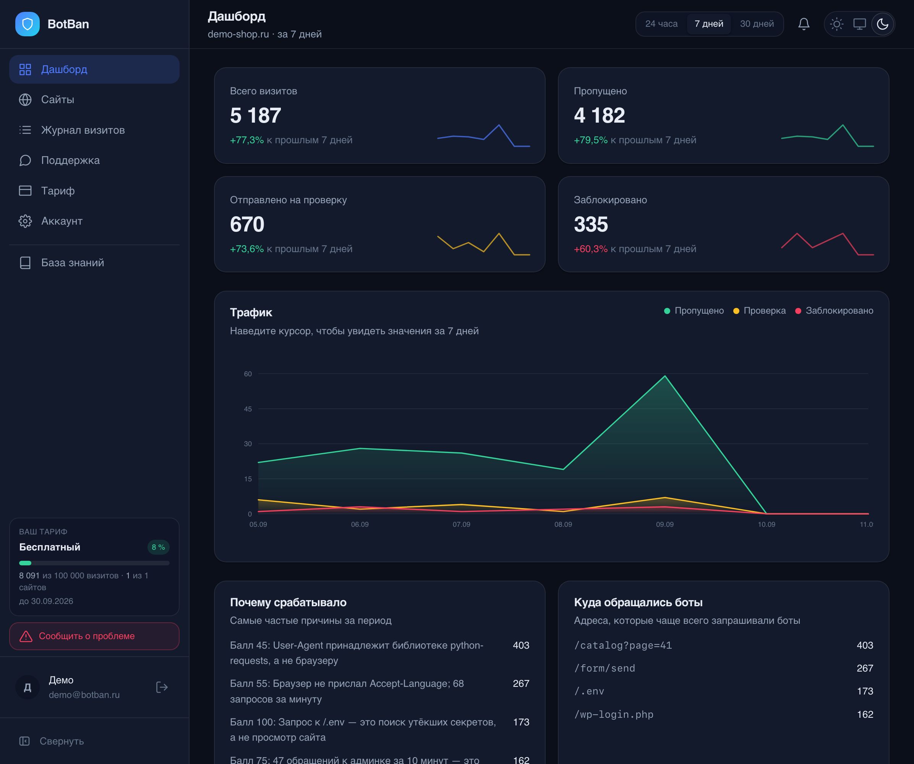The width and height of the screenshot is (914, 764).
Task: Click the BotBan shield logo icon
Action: click(28, 24)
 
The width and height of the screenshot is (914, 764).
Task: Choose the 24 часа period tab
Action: click(661, 24)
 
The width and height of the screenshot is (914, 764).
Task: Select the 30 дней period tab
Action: click(757, 24)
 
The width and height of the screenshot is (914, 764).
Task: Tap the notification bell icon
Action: click(804, 24)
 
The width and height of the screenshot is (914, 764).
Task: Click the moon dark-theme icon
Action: click(882, 24)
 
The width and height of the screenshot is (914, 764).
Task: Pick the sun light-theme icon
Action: click(836, 24)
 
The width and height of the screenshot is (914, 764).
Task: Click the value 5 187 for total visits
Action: click(256, 116)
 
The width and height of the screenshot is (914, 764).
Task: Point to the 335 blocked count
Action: click(591, 225)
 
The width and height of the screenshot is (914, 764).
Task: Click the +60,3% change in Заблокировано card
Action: click(591, 249)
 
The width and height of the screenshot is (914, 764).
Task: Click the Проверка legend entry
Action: click(760, 311)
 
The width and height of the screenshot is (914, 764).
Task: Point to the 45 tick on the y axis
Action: click(248, 409)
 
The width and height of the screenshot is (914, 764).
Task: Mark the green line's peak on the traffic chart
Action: click(664, 376)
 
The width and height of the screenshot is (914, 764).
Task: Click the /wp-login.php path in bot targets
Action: click(614, 714)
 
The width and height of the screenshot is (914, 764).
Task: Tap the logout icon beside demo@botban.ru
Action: click(162, 688)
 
